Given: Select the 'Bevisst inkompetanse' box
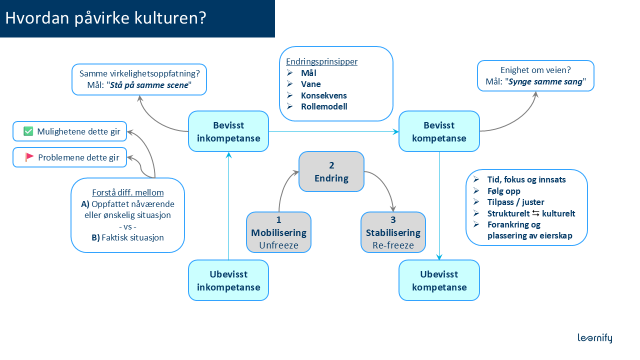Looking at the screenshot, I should click(x=228, y=131).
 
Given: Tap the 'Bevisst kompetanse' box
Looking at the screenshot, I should click(x=439, y=131).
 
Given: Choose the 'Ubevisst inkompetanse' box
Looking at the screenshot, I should click(x=228, y=280).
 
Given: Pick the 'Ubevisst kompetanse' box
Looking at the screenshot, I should click(x=439, y=280).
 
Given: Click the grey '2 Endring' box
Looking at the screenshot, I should click(x=331, y=171).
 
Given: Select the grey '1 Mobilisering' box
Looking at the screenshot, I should click(x=278, y=232).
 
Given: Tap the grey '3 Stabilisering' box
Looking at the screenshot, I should click(x=393, y=232).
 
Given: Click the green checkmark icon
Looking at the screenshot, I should click(x=28, y=131).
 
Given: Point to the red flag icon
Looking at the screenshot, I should click(x=29, y=157).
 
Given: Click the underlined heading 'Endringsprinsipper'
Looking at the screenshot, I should click(x=321, y=62).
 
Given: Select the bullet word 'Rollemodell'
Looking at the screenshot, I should click(x=324, y=106).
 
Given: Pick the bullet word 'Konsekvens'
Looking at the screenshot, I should click(x=323, y=95).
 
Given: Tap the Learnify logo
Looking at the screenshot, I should click(x=594, y=338).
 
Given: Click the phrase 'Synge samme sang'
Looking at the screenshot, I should click(x=545, y=81).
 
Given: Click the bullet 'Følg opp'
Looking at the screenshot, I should click(x=504, y=191).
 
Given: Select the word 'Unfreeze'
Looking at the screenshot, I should click(x=278, y=245).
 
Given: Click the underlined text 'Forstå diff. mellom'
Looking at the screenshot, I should click(x=128, y=192).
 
